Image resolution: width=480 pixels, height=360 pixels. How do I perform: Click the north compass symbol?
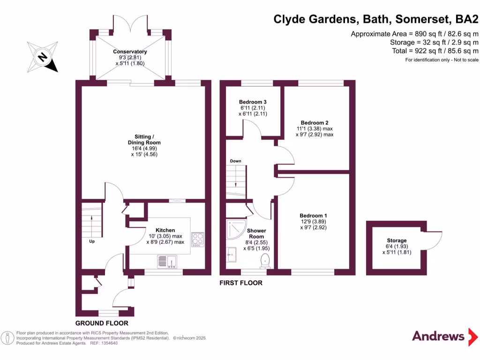(42, 57)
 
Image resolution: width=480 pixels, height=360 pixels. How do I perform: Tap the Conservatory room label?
(130, 52)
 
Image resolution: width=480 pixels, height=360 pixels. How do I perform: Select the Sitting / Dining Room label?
(144, 139)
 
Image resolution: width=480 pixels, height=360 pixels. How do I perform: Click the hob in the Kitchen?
(197, 238)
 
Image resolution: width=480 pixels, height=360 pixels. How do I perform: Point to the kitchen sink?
(167, 261)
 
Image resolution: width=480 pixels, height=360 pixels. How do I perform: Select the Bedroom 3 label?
(253, 102)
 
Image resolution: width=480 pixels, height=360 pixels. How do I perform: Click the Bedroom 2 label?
(314, 122)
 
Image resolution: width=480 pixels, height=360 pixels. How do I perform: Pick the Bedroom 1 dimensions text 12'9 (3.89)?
(313, 222)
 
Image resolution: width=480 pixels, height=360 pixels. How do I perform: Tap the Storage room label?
(397, 240)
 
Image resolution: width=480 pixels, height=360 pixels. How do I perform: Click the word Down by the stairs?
(235, 161)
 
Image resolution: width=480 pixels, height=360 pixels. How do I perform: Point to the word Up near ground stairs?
(92, 242)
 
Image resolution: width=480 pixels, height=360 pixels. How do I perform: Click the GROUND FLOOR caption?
(102, 323)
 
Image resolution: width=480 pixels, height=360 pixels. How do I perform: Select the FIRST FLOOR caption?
(241, 283)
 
